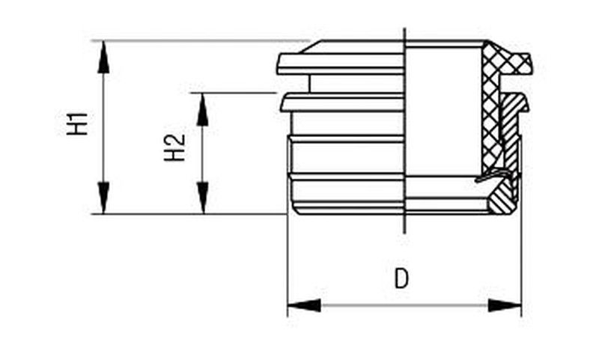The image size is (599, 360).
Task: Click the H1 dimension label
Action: [78, 123]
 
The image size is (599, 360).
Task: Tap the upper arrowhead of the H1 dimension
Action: [103, 57]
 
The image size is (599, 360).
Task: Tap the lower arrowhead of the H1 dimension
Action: [103, 198]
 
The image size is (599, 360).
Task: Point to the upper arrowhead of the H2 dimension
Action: [202, 109]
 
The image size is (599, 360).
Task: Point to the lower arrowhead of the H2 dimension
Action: [202, 198]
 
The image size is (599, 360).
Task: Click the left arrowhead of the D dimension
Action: [304, 305]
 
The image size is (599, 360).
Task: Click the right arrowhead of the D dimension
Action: [505, 305]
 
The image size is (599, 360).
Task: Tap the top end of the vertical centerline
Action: [404, 28]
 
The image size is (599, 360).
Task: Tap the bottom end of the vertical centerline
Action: [404, 233]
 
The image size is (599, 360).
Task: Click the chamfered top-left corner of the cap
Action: [312, 47]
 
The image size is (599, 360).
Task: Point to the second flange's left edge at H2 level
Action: [282, 103]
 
